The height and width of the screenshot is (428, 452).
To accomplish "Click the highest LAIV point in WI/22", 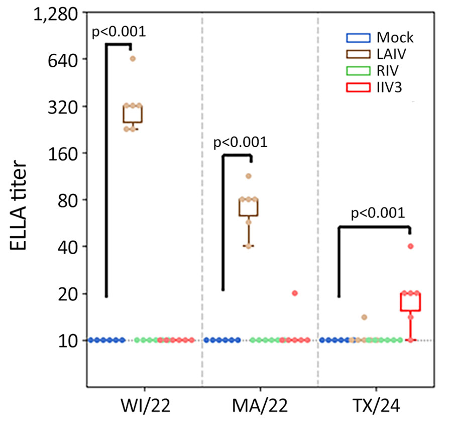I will click(x=133, y=59).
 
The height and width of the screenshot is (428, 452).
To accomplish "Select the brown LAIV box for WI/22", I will click(x=133, y=114).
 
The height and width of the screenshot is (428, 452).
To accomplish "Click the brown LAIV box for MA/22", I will click(x=248, y=207).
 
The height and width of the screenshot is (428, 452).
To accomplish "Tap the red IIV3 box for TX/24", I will click(x=410, y=302).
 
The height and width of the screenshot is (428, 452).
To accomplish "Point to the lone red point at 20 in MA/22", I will click(x=295, y=293).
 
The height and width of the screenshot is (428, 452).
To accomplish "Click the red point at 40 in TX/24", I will click(x=410, y=246).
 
